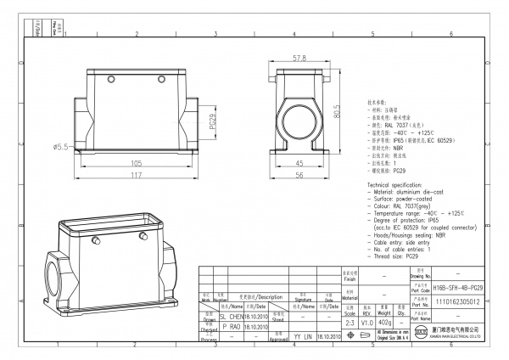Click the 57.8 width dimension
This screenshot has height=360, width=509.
tap(299, 59)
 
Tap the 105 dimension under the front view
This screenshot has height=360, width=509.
tap(136, 163)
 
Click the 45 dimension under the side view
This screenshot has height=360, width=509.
tap(299, 163)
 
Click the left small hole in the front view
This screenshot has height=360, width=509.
tap(111, 79)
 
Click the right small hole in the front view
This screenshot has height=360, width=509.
tap(162, 79)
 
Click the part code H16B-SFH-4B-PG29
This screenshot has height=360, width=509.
tap(457, 289)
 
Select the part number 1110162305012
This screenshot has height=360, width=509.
tap(457, 301)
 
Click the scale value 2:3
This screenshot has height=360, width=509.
tap(349, 323)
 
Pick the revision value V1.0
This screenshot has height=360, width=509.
tap(367, 323)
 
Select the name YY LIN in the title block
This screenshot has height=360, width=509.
tap(302, 337)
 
